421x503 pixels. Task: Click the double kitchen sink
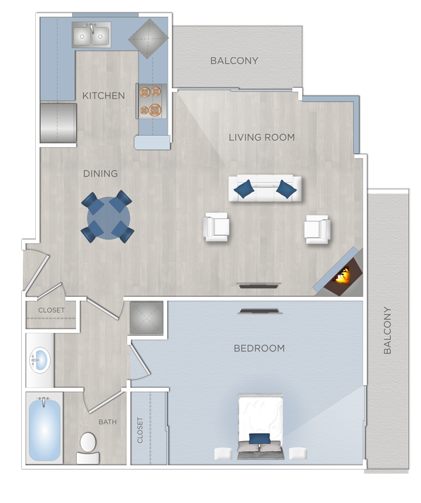tap(91, 36)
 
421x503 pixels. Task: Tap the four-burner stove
tap(151, 101)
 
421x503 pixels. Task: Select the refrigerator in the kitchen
tap(58, 122)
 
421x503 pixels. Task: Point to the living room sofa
tap(265, 189)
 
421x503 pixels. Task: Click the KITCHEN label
tap(103, 96)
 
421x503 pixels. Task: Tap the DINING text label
tap(101, 173)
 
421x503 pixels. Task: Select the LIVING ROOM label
tap(261, 137)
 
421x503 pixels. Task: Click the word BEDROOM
tap(259, 348)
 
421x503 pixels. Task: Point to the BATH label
tap(107, 422)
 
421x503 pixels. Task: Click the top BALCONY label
tap(234, 60)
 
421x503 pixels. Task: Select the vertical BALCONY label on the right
tap(387, 331)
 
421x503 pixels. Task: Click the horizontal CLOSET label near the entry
tap(51, 310)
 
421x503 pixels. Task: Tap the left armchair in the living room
tap(216, 227)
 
